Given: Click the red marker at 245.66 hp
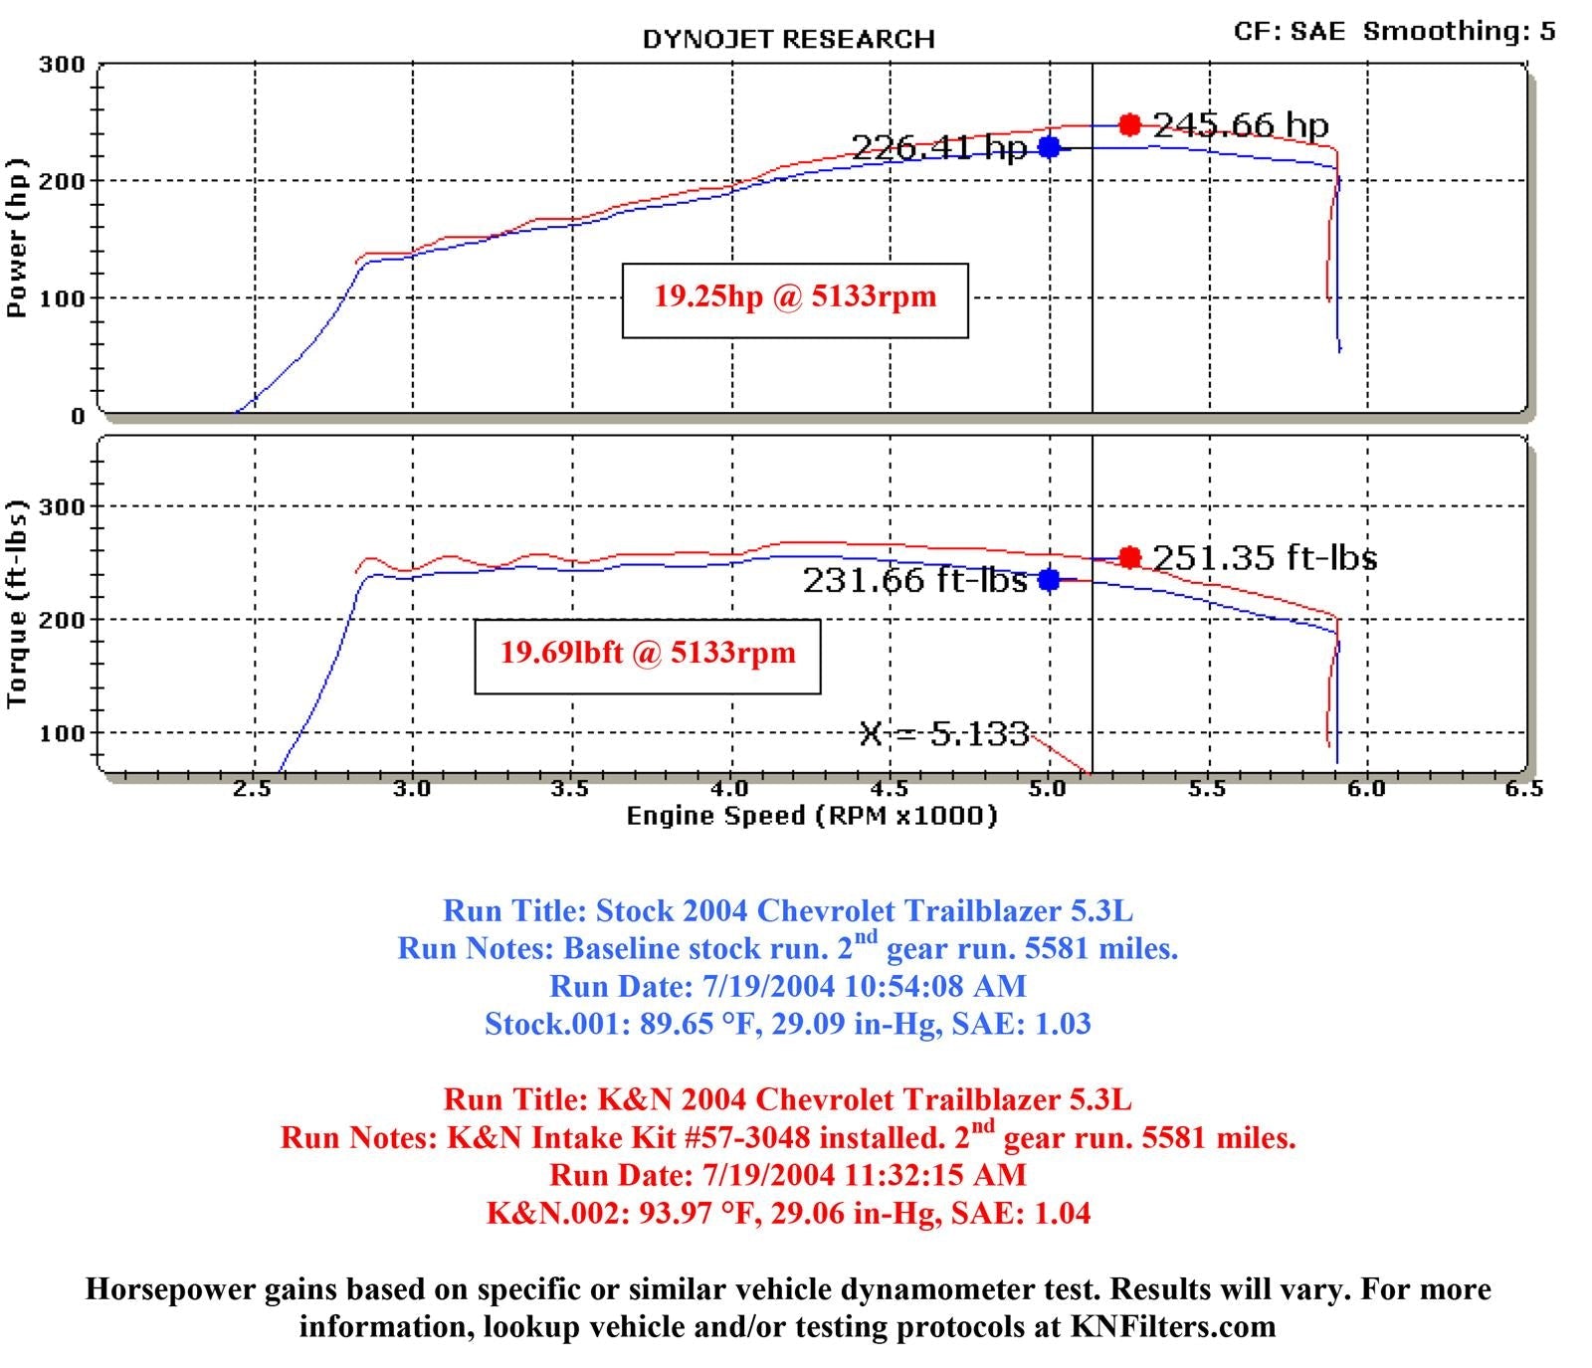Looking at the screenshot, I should point(1129,124).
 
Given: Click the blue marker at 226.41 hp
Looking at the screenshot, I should point(1049,147).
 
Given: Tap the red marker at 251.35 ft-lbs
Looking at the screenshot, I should point(1129,557).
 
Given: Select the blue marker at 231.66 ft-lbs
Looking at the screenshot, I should point(1049,579).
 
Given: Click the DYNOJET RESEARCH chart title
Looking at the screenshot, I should point(788,40).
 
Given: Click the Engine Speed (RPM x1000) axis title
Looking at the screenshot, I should point(811,817).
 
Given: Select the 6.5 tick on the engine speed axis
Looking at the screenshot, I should point(1523,789).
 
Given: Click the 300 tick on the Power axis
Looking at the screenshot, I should point(62,66).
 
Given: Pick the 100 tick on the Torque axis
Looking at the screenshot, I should point(62,733).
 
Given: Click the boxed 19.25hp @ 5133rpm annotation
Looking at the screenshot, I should point(795,297).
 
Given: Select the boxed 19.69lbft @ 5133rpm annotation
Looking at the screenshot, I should point(648,654).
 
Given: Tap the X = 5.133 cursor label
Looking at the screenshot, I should point(943,734).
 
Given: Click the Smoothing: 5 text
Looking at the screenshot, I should point(1459,31).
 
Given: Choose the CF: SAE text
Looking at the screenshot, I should point(1289,31).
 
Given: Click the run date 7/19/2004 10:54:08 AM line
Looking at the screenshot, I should point(787,986).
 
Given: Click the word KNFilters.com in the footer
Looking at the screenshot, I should point(1173,1326).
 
